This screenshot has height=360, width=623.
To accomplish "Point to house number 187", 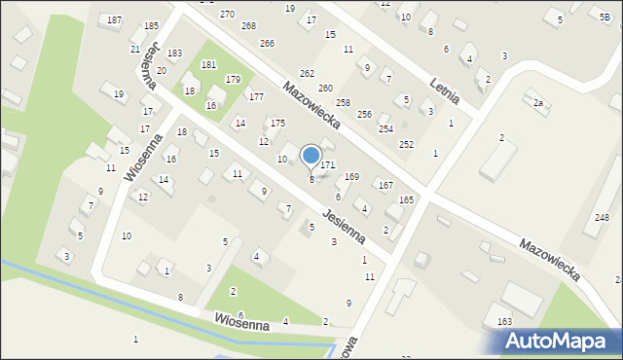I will point(115,20).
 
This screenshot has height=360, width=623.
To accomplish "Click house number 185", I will point(151,25).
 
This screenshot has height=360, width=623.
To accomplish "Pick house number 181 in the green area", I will point(208,64).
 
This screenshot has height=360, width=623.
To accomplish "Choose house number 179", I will point(233,80).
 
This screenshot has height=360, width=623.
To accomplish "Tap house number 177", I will point(256,96).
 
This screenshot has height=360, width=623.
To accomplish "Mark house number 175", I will point(277,123).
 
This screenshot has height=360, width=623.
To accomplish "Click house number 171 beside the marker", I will point(328,166).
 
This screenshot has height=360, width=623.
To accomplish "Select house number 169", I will point(351,177).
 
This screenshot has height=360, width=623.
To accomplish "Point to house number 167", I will point(385,185).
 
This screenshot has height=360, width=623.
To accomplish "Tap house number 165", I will point(406,199).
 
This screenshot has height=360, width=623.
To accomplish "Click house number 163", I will point(504,321).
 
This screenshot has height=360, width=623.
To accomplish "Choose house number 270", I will point(227,14).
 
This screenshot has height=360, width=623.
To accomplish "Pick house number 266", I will point(267,43).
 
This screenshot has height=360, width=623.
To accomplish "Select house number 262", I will point(307,74).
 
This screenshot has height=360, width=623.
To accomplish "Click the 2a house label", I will point(537,102).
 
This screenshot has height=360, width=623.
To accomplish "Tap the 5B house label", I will point(605,16).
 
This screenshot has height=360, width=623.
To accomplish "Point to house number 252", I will point(406,144).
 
